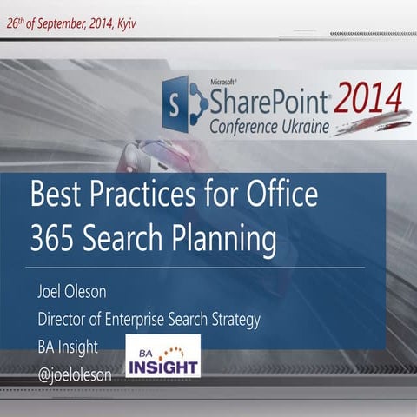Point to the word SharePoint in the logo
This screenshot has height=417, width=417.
pyautogui.click(x=269, y=103)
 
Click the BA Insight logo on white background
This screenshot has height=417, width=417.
pyautogui.click(x=163, y=356)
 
